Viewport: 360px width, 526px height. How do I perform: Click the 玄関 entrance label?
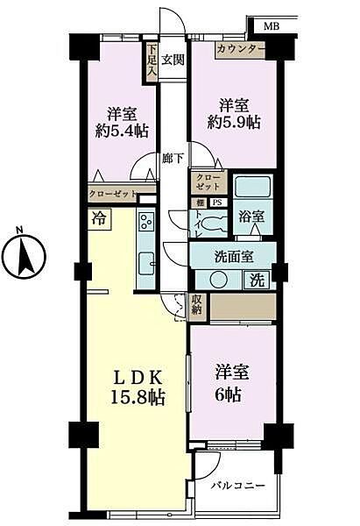pyautogui.click(x=173, y=60)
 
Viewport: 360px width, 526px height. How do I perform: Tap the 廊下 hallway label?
pyautogui.click(x=173, y=159)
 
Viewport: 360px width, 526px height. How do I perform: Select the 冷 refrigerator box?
pyautogui.click(x=95, y=219)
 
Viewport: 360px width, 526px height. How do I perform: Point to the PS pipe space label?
pyautogui.click(x=215, y=203)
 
